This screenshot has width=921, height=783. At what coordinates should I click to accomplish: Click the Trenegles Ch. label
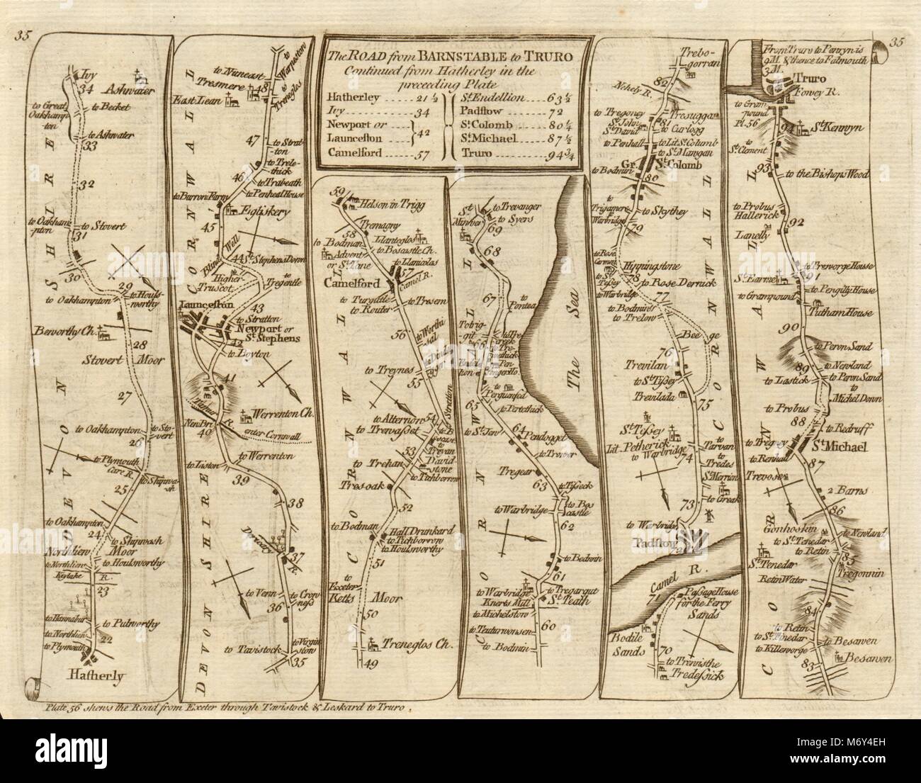coord(407,646)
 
